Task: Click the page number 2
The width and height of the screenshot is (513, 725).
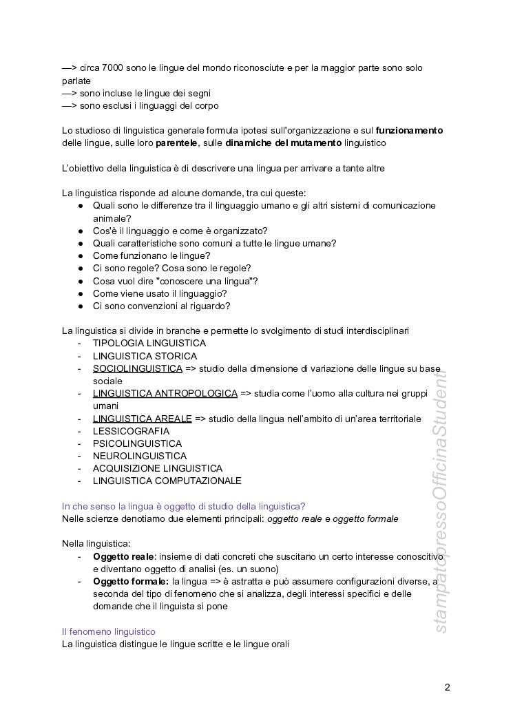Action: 448,686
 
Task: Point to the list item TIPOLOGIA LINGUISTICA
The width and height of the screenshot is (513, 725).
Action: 149,343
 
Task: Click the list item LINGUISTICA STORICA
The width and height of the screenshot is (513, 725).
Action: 145,356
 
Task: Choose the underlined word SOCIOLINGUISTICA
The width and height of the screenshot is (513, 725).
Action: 138,368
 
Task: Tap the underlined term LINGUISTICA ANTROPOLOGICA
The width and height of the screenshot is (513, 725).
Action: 165,393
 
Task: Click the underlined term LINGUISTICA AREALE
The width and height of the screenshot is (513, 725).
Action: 143,419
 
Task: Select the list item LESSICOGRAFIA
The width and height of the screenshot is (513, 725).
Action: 131,431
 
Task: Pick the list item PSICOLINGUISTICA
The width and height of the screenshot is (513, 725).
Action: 138,443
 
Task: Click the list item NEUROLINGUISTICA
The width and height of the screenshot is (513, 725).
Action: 140,456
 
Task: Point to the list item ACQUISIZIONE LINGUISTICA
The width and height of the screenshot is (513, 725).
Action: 158,468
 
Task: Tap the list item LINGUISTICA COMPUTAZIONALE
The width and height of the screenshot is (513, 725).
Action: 167,481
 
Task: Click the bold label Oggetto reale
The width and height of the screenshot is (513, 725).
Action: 123,556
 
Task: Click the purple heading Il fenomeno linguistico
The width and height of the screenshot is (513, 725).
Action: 108,631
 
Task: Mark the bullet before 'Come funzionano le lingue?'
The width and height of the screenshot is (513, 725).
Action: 81,255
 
